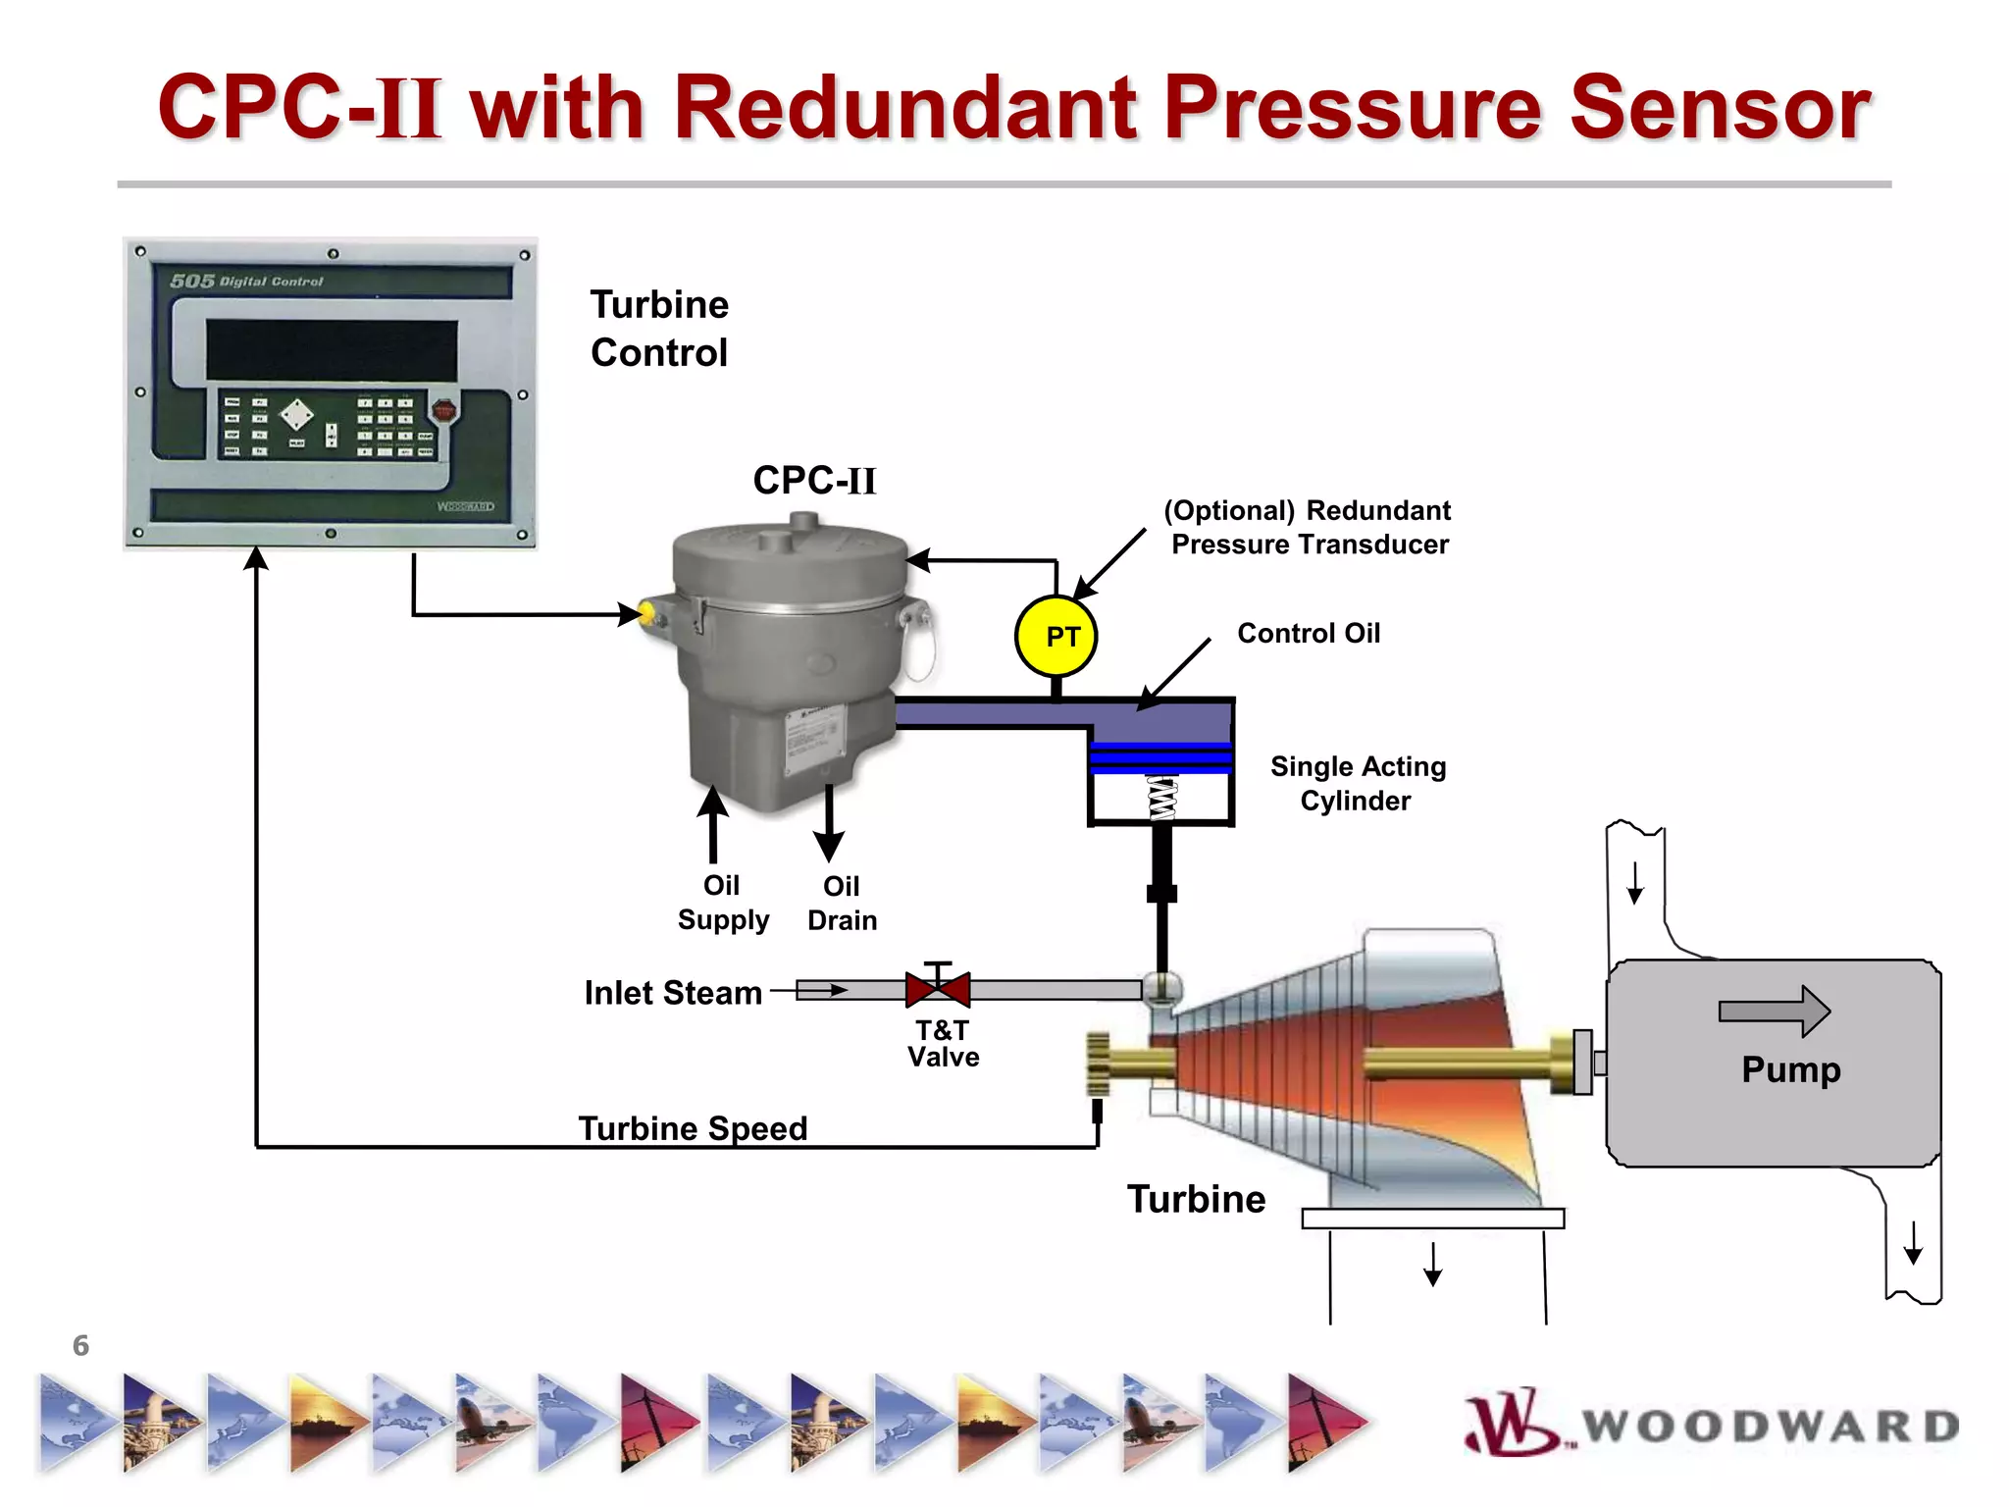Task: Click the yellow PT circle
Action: point(1056,636)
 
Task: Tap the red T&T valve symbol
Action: point(938,989)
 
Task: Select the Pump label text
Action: point(1790,1068)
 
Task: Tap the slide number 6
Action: point(80,1345)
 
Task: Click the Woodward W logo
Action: point(1511,1423)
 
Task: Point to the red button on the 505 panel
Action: point(443,410)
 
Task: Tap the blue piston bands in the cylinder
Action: point(1160,758)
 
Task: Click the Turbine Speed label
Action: point(693,1128)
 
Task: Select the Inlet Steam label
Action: point(673,993)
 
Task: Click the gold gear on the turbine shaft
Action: point(1098,1064)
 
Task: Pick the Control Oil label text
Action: point(1308,633)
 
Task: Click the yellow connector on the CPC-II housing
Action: point(646,614)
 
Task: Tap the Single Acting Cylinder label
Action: point(1358,783)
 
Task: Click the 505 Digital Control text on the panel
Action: point(246,282)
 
